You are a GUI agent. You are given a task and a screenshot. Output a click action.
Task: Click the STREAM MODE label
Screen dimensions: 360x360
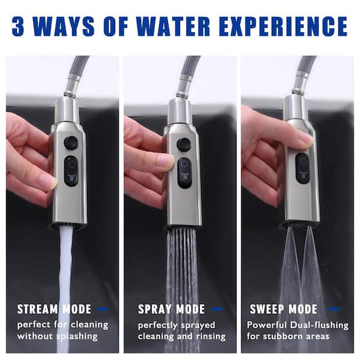pyautogui.click(x=54, y=310)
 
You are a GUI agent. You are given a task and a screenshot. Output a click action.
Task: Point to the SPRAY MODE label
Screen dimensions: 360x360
pyautogui.click(x=172, y=310)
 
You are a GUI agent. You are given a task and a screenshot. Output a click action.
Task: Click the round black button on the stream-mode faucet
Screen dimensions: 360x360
pyautogui.click(x=71, y=142)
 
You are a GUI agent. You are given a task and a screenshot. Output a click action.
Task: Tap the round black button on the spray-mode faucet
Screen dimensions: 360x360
pyautogui.click(x=184, y=144)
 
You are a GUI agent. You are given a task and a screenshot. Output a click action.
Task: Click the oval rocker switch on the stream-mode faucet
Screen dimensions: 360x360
pyautogui.click(x=71, y=171)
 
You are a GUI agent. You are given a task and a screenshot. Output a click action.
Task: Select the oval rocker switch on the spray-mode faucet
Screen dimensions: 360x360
pyautogui.click(x=185, y=172)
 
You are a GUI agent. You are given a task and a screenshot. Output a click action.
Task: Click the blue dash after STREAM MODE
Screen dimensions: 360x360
pyautogui.click(x=103, y=310)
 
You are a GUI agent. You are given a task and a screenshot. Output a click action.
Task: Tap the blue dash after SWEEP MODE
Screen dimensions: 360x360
pyautogui.click(x=331, y=310)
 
